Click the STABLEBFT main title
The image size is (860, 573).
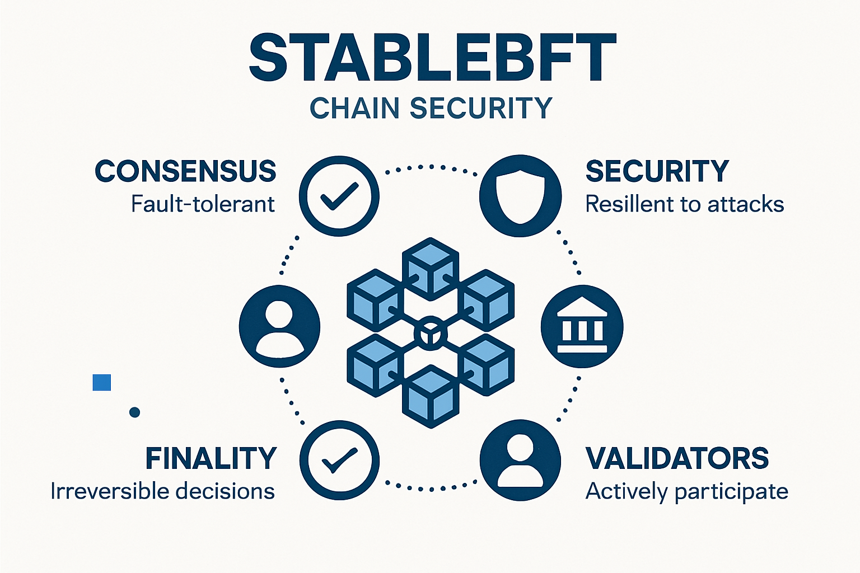coord(432,58)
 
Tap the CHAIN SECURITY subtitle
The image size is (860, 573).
coord(431,108)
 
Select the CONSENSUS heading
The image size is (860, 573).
coord(185,171)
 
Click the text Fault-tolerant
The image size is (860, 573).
coord(203,204)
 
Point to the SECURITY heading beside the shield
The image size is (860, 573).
coord(657,171)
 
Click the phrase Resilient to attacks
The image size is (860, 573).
coord(684,204)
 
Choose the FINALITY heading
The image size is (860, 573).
coord(211,458)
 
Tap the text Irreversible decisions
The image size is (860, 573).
coord(162,491)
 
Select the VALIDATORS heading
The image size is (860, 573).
coord(677,458)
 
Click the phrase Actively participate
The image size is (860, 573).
coord(686,491)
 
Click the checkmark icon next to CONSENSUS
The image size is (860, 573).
coord(339,195)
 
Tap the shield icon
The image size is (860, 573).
coord(520,195)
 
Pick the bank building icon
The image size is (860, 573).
coord(582,326)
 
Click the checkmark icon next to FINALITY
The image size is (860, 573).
coord(339,460)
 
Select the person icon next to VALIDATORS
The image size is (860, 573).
coord(520,460)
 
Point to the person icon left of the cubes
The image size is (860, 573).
coord(279,326)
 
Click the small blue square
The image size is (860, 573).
coord(101,382)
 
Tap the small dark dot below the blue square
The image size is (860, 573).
coord(134,412)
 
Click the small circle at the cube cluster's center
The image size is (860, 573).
coord(431,334)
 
